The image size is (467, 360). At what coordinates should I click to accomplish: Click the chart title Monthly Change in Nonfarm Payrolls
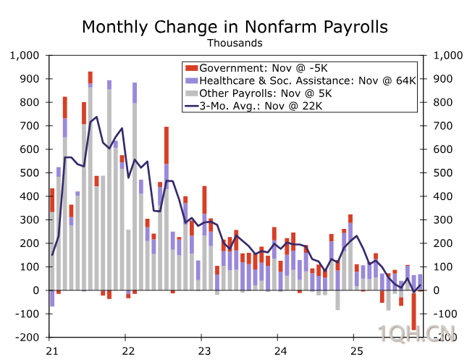click(x=235, y=27)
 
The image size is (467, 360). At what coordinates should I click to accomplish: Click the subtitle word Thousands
click(x=235, y=43)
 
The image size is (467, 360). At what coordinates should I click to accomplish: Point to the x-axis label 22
click(x=125, y=351)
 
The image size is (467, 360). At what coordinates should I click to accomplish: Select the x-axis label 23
click(x=203, y=351)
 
